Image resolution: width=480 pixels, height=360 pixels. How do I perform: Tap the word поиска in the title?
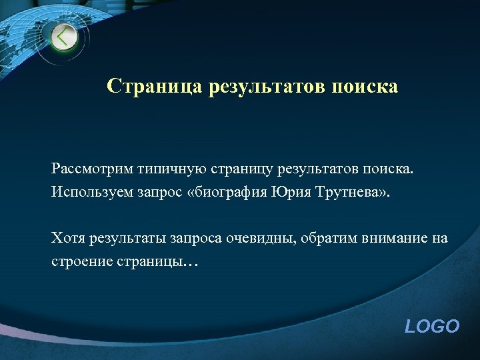coord(365,87)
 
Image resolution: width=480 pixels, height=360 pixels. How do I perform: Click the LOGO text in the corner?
coord(432,326)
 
